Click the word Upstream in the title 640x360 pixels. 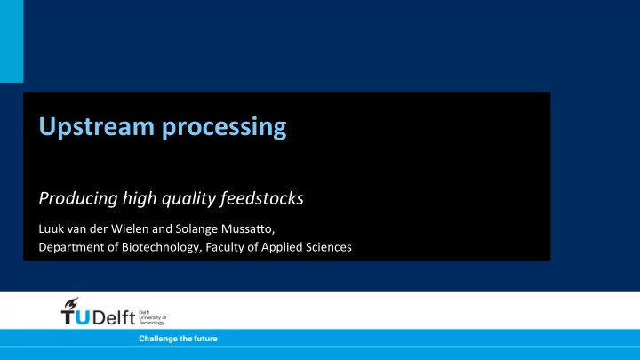97,126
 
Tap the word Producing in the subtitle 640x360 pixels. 78,199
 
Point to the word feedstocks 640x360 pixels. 261,198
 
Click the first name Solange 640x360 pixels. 196,229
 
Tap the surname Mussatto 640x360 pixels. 248,229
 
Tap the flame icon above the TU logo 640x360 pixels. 71,304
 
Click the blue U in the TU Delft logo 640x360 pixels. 83,317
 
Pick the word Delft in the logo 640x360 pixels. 114,317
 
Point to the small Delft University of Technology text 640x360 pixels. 153,317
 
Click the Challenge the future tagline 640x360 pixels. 178,339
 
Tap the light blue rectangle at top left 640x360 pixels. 12,41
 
